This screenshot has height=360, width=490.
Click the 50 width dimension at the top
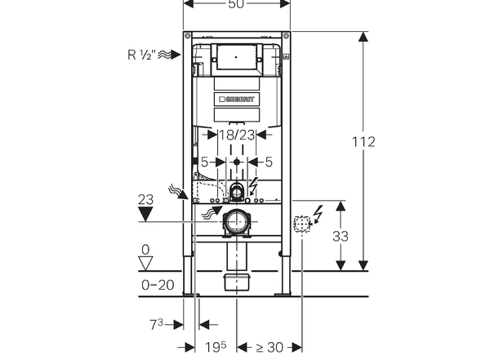tap(236, 5)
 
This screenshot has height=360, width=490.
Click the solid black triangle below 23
tap(146, 215)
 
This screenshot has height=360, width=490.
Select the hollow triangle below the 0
tap(147, 263)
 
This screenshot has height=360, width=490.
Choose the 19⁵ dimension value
tap(213, 347)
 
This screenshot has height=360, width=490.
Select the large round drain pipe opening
tap(237, 222)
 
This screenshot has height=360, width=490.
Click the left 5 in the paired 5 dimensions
tap(204, 162)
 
